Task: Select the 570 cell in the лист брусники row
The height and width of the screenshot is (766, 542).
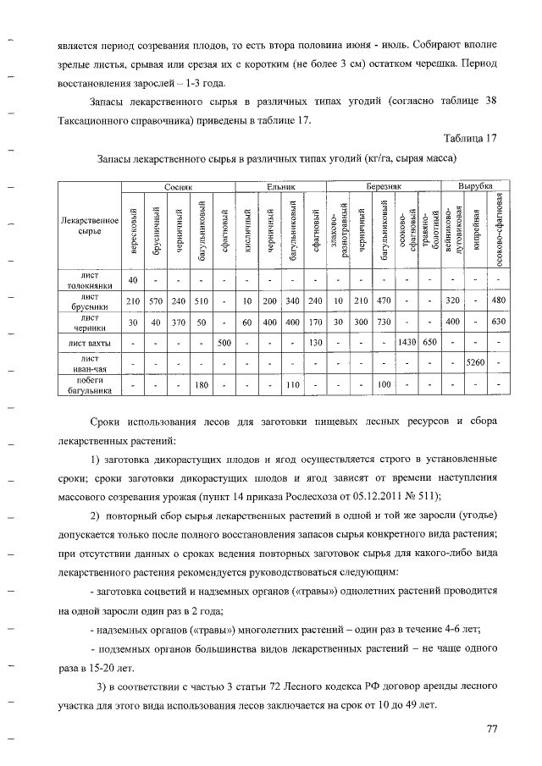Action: (155, 301)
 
